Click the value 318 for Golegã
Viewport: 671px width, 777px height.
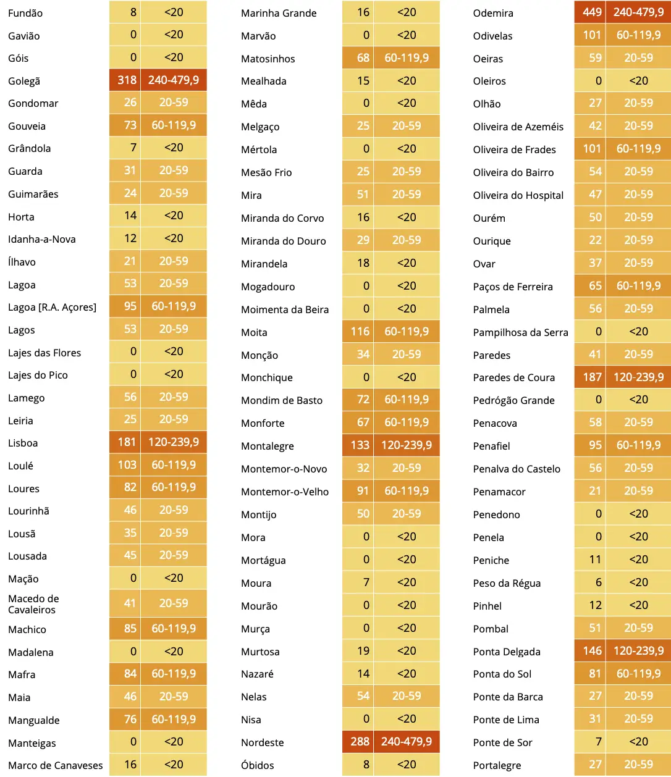(127, 80)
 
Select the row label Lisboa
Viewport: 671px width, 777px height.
(23, 443)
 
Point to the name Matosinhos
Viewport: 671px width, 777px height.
(268, 59)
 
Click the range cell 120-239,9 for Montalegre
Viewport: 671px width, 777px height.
(406, 445)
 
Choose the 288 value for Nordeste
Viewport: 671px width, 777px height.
(360, 741)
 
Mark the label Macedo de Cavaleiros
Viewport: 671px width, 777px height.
(33, 603)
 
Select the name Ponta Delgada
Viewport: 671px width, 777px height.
(507, 652)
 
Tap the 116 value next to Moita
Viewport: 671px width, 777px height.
(360, 332)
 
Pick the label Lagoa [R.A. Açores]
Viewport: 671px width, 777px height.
(53, 307)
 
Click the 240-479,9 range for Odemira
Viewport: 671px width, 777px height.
(638, 12)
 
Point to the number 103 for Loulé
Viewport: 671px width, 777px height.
(127, 465)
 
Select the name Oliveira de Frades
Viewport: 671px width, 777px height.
(514, 149)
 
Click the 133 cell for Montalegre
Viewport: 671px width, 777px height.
(360, 445)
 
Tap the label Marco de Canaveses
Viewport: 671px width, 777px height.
(55, 765)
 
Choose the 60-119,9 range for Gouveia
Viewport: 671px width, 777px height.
(174, 125)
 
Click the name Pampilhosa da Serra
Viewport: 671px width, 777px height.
(521, 332)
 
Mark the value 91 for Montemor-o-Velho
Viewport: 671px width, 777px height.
(363, 491)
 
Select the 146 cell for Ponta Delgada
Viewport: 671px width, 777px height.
(592, 651)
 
